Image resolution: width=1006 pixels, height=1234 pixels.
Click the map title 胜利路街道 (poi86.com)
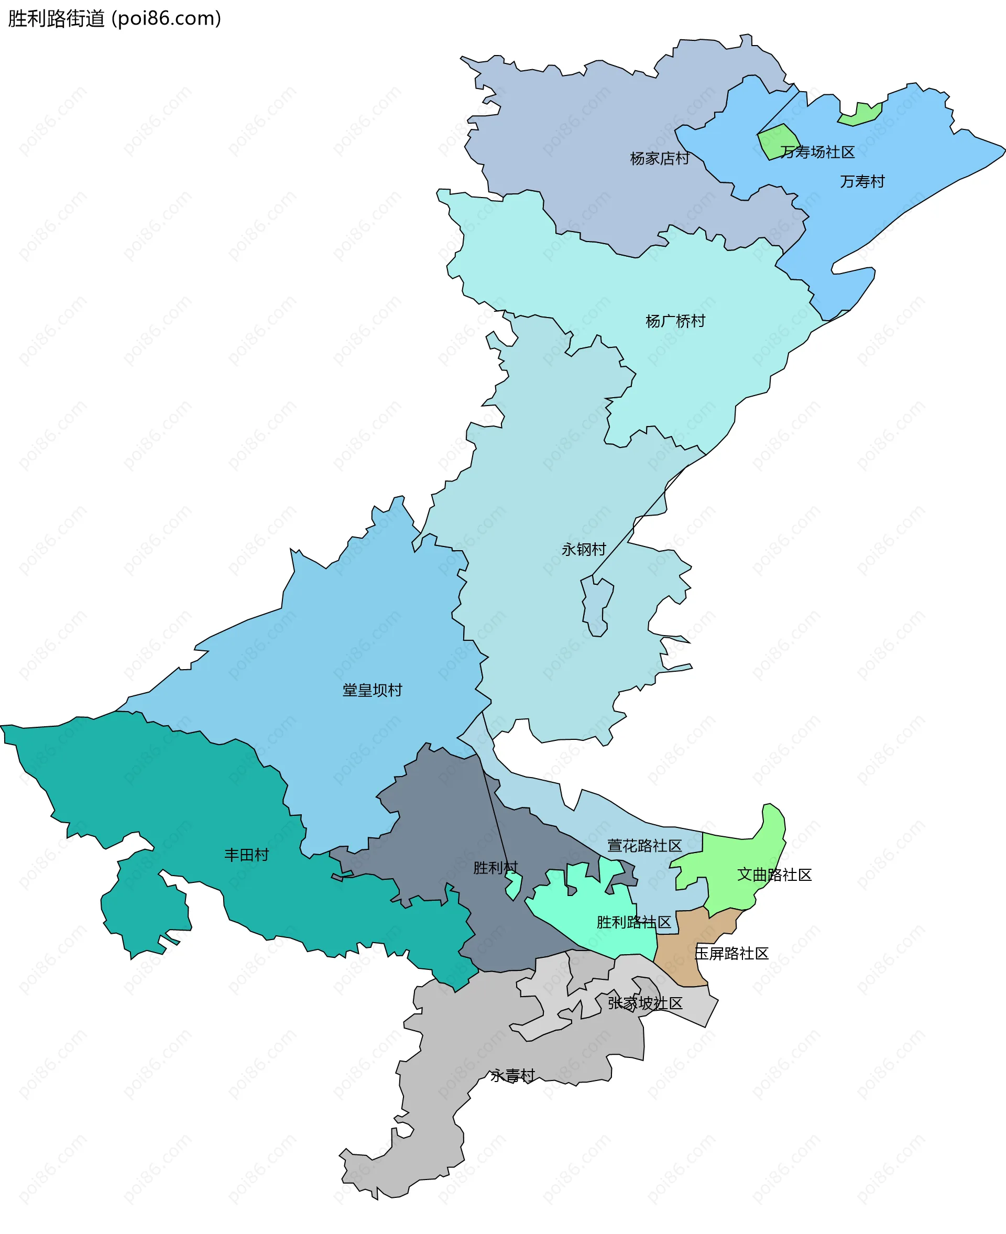point(114,18)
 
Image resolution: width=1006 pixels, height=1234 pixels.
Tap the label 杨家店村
point(660,158)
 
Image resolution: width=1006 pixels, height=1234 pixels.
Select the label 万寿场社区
point(817,152)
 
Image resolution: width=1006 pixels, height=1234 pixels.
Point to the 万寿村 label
point(862,181)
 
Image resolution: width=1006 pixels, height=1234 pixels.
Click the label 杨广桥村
point(675,321)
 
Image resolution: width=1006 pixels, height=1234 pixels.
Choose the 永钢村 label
point(584,549)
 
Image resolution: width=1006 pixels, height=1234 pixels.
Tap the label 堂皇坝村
point(372,690)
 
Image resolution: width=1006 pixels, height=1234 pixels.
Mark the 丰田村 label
point(246,854)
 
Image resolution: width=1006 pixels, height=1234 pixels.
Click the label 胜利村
point(496,867)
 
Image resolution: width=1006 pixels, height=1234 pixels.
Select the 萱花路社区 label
point(644,846)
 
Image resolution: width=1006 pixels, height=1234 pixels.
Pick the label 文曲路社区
point(774,875)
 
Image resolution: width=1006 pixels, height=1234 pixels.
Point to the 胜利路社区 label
point(634,922)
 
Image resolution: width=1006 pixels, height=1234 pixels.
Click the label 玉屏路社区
point(731,954)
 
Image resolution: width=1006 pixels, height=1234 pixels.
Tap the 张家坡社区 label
point(645,1003)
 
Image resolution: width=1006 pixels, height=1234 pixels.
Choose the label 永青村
point(512,1076)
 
